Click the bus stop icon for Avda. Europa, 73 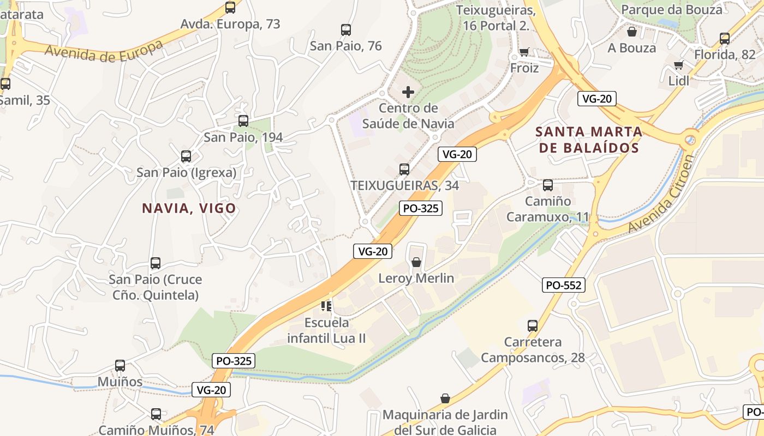tap(230, 8)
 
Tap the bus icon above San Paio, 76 tap(345, 30)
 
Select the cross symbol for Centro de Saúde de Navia tap(408, 92)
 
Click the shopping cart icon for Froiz tap(524, 52)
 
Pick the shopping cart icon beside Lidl tap(679, 65)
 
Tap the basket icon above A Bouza tap(631, 32)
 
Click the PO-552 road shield tap(564, 285)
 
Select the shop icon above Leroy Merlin tap(416, 263)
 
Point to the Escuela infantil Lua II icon tap(326, 306)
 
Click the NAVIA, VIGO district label tap(189, 208)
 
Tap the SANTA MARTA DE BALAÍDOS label tap(589, 140)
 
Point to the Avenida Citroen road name tap(662, 193)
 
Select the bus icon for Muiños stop tap(120, 366)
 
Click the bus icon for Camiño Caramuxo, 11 tap(547, 185)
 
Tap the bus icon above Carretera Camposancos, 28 tap(533, 326)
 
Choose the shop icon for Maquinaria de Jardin tap(445, 398)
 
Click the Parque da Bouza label tap(671, 10)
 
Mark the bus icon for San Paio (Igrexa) tap(186, 156)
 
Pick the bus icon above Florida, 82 tap(724, 39)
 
